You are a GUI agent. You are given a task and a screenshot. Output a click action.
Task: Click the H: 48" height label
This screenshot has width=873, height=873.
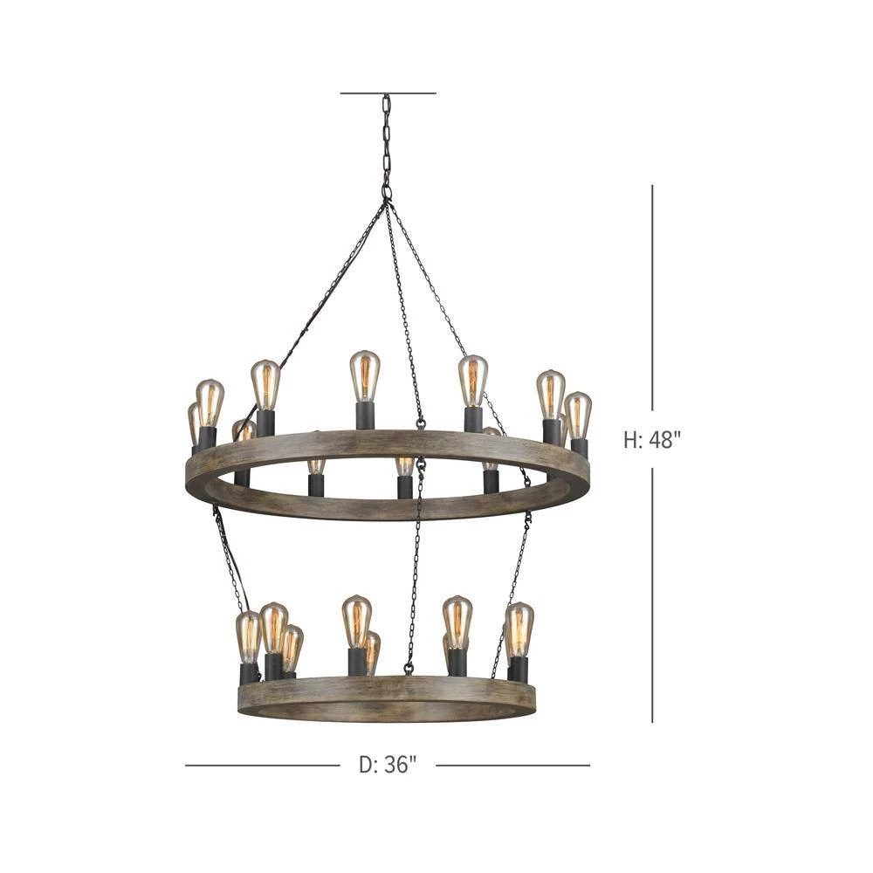[x=652, y=440]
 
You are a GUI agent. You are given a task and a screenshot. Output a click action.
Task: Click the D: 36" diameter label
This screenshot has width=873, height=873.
[x=388, y=765]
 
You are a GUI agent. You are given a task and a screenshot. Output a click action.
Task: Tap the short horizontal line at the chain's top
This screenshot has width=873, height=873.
[x=388, y=93]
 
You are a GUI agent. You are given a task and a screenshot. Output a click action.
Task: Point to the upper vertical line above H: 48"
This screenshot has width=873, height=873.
[x=652, y=298]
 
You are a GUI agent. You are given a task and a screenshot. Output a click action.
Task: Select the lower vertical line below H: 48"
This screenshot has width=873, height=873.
[x=652, y=595]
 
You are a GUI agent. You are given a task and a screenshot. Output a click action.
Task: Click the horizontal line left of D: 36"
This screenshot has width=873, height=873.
[x=262, y=765]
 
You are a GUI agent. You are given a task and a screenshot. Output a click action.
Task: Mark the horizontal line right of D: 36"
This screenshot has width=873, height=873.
[x=512, y=765]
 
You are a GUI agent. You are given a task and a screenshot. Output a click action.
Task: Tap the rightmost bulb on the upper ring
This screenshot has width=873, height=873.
[x=578, y=416]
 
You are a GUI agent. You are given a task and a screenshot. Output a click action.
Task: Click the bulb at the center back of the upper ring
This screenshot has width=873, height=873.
[x=365, y=376]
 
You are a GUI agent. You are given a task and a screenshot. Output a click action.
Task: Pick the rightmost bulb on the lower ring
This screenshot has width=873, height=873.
[x=519, y=629]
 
